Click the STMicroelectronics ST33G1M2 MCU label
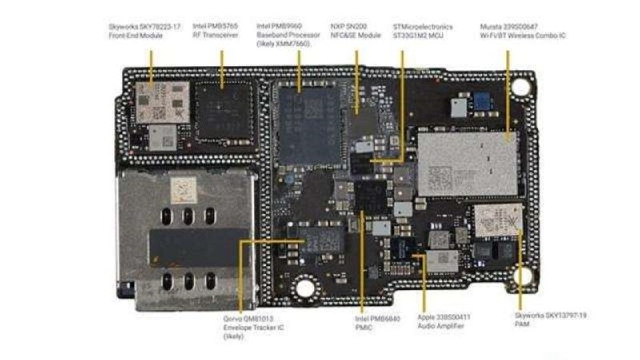click(422, 31)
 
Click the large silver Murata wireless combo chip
click(465, 163)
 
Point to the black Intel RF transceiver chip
click(223, 112)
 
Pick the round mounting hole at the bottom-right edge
click(524, 276)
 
